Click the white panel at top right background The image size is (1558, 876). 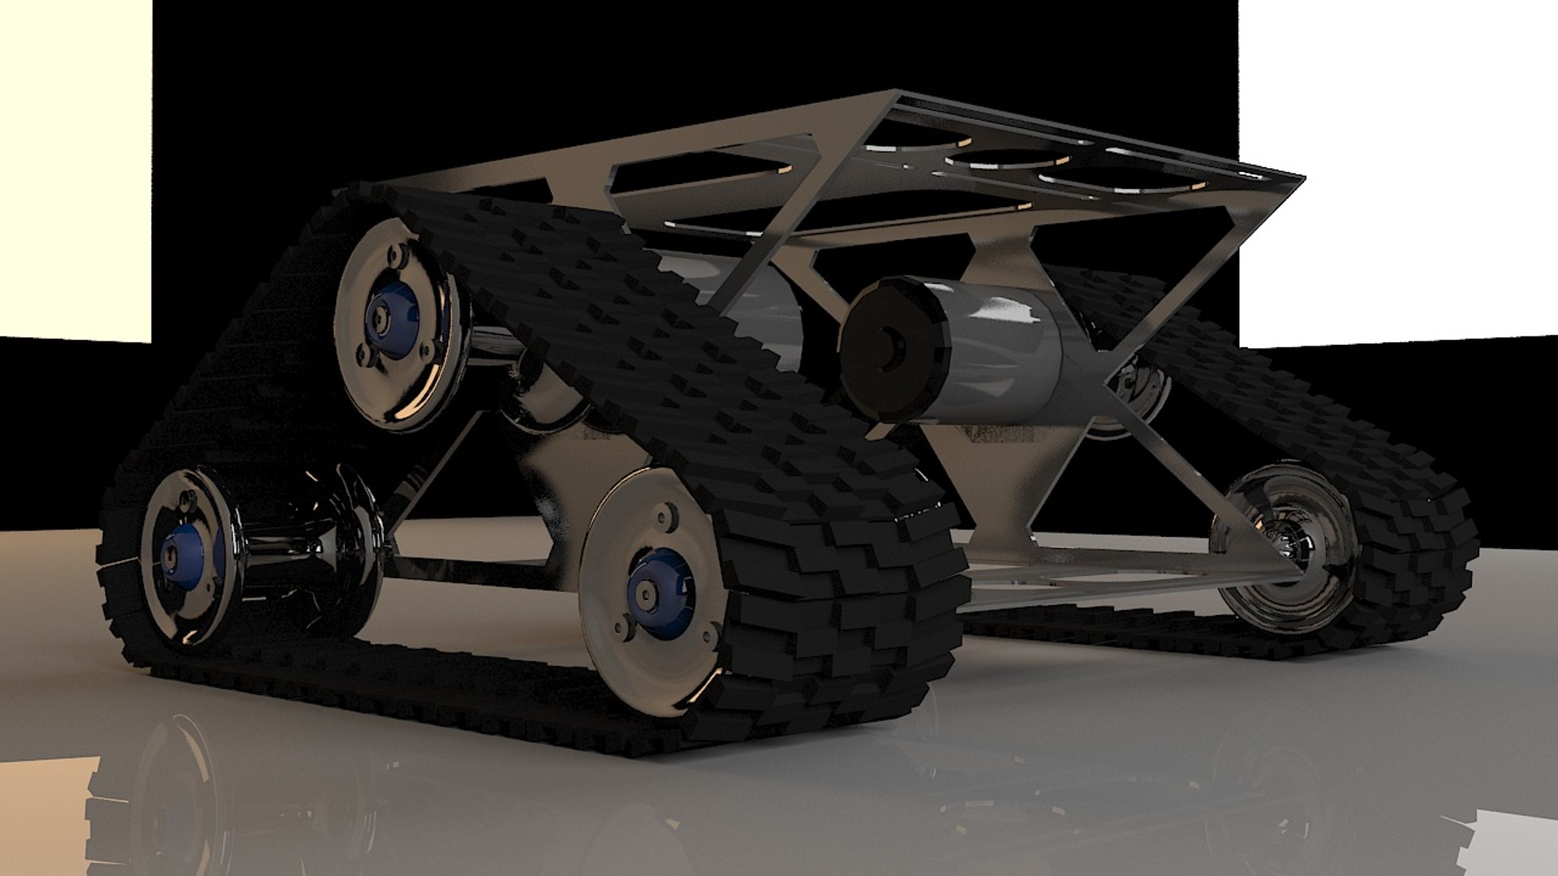pyautogui.click(x=1396, y=162)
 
